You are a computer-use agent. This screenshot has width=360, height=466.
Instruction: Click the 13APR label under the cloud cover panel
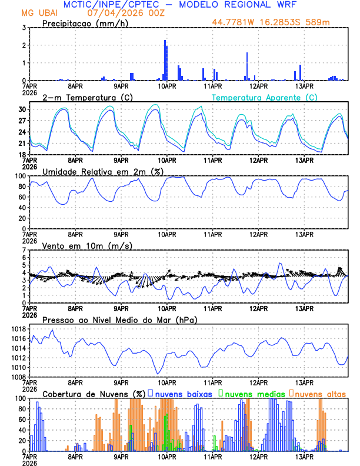coord(304,457)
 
